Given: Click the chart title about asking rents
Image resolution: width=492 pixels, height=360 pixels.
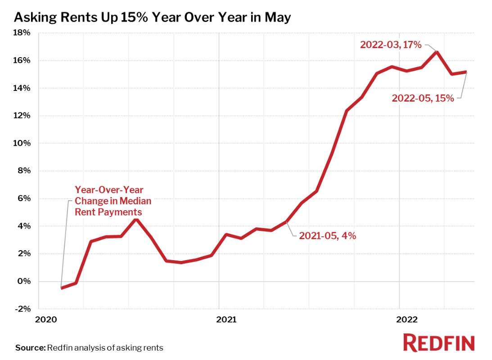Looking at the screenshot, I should [153, 17].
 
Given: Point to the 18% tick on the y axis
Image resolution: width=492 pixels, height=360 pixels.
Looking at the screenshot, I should [21, 33].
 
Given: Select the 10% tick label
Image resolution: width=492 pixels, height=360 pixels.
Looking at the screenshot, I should [21, 144].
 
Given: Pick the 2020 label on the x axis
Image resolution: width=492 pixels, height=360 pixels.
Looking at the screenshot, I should [46, 319].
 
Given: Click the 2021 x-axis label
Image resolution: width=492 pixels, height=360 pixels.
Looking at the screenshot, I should [226, 319].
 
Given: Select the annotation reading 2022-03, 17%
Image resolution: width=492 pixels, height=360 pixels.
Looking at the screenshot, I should [390, 45].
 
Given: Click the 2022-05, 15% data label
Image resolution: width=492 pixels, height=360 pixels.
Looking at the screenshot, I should [423, 98].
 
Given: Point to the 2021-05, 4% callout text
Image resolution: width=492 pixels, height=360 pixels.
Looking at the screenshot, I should [327, 235].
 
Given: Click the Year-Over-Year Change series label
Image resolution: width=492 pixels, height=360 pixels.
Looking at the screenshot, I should [113, 201].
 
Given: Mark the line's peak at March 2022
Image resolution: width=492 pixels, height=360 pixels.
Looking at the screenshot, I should [436, 52].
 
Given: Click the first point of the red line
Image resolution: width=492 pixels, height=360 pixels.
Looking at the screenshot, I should [61, 288].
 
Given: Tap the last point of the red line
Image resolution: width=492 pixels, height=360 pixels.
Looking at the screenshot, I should [466, 72].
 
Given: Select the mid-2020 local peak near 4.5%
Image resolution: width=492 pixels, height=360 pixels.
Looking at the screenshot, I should [136, 219].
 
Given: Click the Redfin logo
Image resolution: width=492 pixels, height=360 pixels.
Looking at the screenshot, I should [438, 343].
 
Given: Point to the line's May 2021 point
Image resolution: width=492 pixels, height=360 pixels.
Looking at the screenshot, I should [286, 221].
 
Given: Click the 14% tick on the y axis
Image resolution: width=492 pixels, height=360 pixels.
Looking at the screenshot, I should [21, 88].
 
